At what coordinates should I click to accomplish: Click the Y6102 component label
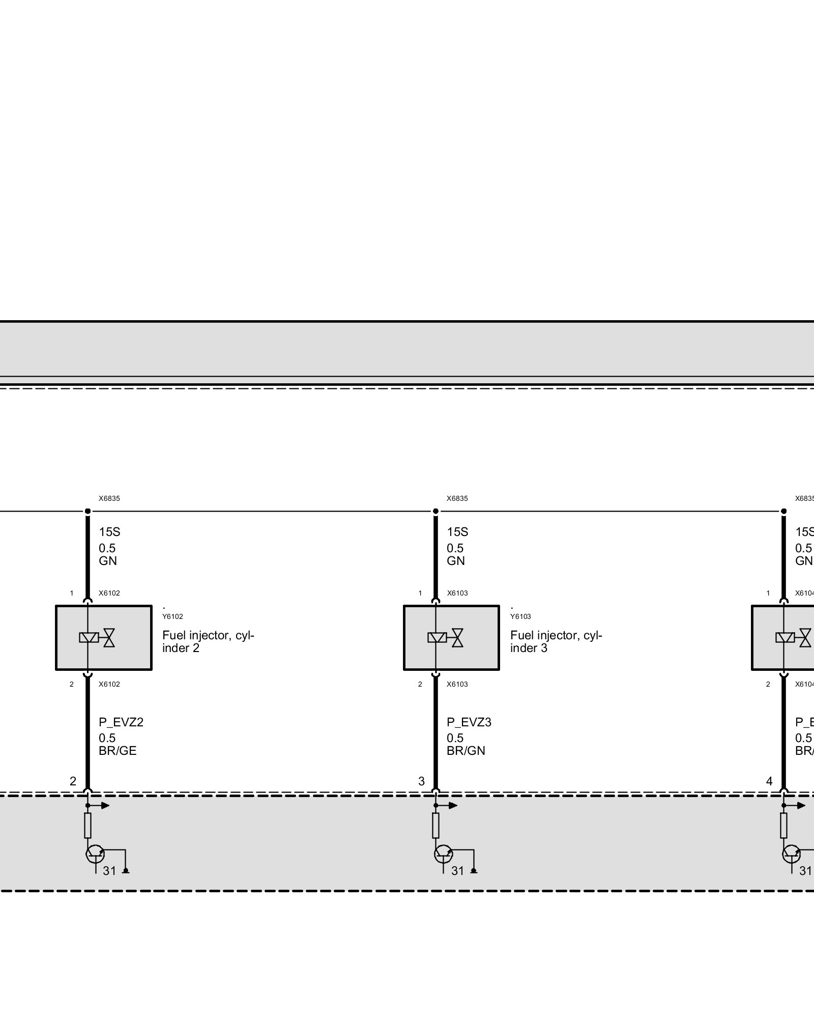point(172,616)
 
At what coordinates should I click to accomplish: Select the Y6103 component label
point(520,616)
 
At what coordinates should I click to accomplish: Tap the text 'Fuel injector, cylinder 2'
point(208,642)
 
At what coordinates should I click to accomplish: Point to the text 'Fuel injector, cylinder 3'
point(556,642)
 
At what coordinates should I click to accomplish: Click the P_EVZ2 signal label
point(121,722)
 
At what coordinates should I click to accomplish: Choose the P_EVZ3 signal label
point(469,722)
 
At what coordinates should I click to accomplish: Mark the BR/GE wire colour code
point(118,751)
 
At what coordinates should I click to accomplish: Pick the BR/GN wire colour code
point(466,751)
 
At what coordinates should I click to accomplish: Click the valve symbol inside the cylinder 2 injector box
point(109,638)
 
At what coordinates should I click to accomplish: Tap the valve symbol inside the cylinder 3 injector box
point(457,638)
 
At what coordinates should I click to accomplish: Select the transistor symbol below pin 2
point(95,854)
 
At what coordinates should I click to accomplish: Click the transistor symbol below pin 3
point(443,854)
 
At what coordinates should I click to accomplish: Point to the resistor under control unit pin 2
point(88,826)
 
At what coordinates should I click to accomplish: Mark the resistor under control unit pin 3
point(435,826)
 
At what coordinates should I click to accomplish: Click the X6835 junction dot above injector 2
point(88,511)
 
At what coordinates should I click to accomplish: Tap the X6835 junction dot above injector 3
point(435,511)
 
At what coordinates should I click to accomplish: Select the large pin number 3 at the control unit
point(421,781)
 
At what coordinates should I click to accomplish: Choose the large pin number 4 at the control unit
point(769,781)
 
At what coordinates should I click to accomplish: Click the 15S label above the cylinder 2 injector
point(109,532)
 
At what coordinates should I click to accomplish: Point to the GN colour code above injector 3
point(456,561)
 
